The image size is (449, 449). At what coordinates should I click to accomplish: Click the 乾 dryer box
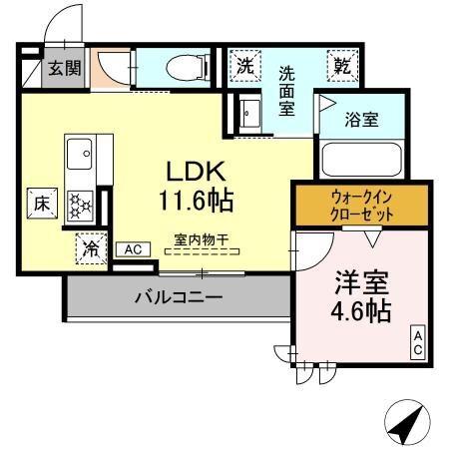click(342, 67)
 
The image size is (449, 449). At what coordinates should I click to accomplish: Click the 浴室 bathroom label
click(360, 120)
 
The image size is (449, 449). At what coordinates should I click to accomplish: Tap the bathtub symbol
click(360, 159)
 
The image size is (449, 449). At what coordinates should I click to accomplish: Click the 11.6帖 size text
click(196, 201)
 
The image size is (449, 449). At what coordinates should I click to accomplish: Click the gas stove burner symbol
click(80, 204)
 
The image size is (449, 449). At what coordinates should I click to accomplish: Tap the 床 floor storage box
click(43, 204)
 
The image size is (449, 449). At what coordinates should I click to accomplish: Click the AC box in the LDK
click(133, 250)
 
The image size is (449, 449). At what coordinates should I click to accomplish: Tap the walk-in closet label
click(361, 206)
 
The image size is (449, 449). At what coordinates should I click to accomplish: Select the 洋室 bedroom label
click(361, 279)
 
